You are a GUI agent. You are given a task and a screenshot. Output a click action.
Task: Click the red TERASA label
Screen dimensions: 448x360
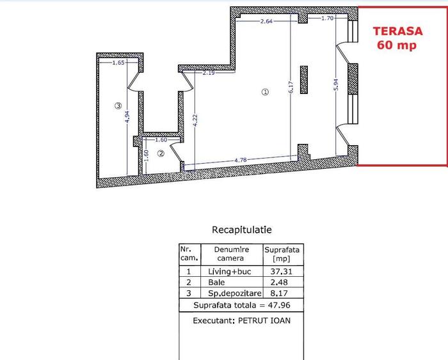click(397, 31)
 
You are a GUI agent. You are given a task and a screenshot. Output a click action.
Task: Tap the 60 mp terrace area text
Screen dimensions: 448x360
click(397, 45)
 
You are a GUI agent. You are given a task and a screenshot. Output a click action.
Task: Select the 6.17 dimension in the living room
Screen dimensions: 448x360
click(291, 87)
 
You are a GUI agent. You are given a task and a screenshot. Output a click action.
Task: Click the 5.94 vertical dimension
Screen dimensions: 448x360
click(336, 85)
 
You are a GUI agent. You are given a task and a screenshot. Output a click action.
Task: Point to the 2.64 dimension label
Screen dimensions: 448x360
click(266, 21)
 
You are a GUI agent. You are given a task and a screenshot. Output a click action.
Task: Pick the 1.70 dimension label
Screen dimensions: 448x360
click(328, 19)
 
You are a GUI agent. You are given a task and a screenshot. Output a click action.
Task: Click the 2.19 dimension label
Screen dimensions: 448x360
click(209, 73)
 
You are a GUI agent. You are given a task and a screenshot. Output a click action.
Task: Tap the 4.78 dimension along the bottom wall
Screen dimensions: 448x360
click(240, 160)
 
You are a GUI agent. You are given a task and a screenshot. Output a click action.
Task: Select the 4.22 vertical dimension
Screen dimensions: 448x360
click(195, 120)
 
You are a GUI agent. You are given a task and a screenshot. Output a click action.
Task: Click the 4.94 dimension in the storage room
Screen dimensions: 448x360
click(127, 116)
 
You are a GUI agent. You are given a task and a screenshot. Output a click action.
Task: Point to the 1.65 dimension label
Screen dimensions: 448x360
click(118, 63)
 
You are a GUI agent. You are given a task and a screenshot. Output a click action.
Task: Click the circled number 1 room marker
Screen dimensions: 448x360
click(265, 92)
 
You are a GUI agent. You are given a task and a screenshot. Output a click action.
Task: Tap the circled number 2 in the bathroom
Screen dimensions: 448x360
click(161, 153)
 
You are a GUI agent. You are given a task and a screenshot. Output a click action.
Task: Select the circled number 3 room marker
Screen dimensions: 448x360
click(118, 106)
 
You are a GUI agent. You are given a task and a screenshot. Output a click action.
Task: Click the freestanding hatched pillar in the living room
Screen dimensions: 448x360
click(304, 80)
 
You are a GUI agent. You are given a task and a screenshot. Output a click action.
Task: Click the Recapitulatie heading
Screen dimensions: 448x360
click(242, 230)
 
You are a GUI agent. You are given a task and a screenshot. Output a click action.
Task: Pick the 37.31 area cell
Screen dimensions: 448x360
click(282, 271)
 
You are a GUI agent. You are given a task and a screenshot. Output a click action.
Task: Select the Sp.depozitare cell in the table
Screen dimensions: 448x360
click(235, 293)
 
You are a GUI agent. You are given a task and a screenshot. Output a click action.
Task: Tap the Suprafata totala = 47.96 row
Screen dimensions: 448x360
click(242, 305)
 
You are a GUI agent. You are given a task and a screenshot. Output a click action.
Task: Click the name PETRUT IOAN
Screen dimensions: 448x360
click(264, 320)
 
